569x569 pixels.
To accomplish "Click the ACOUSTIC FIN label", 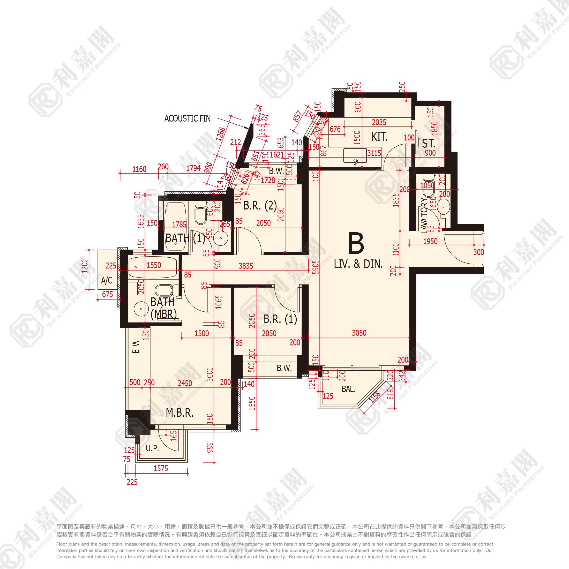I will pyautogui.click(x=187, y=118).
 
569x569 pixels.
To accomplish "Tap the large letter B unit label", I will pyautogui.click(x=356, y=243).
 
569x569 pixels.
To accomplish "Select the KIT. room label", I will pyautogui.click(x=379, y=137).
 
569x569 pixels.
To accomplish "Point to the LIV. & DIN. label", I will pyautogui.click(x=358, y=264).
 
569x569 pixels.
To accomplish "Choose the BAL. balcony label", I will pyautogui.click(x=348, y=389).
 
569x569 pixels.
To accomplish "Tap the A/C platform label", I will pyautogui.click(x=107, y=280).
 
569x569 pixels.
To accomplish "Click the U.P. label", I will pyautogui.click(x=152, y=448).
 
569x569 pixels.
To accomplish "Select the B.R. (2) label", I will pyautogui.click(x=260, y=206).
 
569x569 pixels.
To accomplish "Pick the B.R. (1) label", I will pyautogui.click(x=280, y=319).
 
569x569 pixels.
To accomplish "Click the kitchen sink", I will pyautogui.click(x=355, y=155).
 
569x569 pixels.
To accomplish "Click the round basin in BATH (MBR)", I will pyautogui.click(x=141, y=309).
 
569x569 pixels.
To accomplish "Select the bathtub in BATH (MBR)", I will pyautogui.click(x=153, y=267).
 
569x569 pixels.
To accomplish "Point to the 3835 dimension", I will pyautogui.click(x=246, y=266).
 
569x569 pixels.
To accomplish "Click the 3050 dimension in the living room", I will pyautogui.click(x=359, y=333).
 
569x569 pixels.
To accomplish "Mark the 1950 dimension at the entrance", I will pyautogui.click(x=430, y=242).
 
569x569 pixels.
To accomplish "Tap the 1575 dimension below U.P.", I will pyautogui.click(x=161, y=469).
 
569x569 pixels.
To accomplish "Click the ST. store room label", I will pyautogui.click(x=429, y=144).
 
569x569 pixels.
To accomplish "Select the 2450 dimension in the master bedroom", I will pyautogui.click(x=185, y=383).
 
